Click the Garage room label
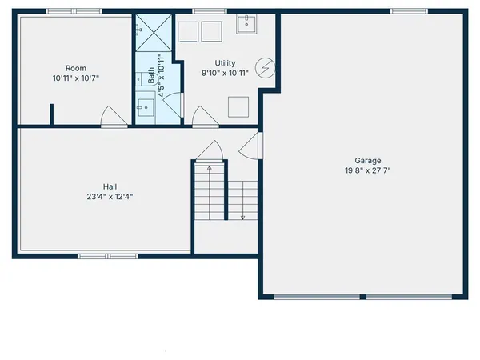click(368, 160)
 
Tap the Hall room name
click(110, 186)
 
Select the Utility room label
click(225, 63)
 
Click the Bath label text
click(151, 76)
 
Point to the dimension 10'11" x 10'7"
click(76, 78)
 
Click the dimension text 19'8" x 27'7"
click(368, 170)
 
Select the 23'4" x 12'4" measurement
click(110, 196)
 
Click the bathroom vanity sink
click(144, 106)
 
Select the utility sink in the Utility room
click(246, 25)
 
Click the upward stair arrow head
click(210, 168)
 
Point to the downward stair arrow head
click(242, 216)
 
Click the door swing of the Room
click(114, 118)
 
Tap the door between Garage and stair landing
click(250, 147)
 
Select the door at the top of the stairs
click(211, 151)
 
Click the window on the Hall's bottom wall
click(107, 256)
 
